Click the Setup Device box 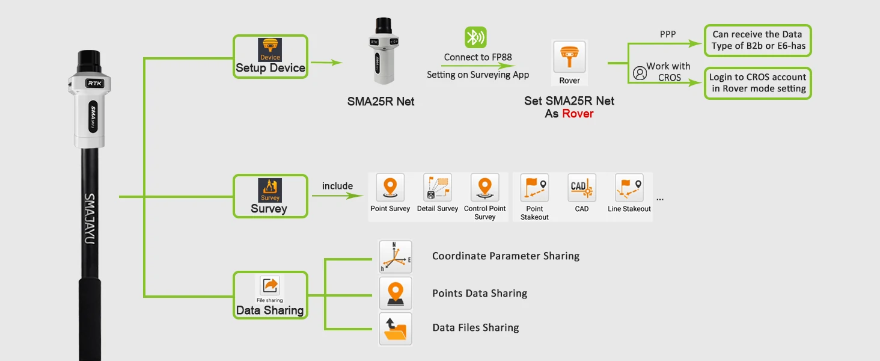coord(270,57)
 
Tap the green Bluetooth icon coord(475,38)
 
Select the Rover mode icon coord(569,63)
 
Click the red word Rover coord(578,114)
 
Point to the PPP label coord(668,34)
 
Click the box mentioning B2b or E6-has coord(757,40)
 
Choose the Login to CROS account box coord(757,83)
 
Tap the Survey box coord(270,196)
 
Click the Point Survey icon coord(390,188)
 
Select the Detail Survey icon coord(437,188)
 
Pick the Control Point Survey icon coord(484,188)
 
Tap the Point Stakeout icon coord(534,188)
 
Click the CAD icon coord(581,188)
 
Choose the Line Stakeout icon coord(629,188)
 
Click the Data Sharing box coord(270,295)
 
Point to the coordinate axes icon coord(395,257)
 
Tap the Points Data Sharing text coord(480,294)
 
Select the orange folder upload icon coord(395,329)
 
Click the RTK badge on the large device coord(94,84)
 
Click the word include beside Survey coord(337,186)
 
